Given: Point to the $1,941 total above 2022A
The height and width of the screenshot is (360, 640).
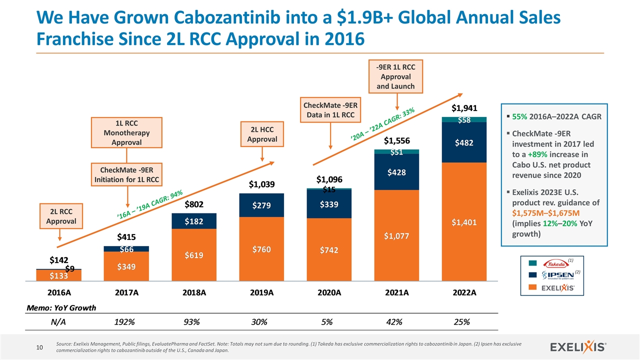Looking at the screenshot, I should click(x=465, y=108).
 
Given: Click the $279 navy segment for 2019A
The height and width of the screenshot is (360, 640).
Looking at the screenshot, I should click(x=262, y=205).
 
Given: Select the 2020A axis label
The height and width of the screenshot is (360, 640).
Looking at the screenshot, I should click(x=329, y=293).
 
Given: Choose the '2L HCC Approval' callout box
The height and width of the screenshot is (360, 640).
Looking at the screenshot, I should click(x=262, y=133).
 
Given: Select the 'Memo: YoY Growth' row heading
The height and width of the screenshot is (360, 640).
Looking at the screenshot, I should click(x=61, y=307).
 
